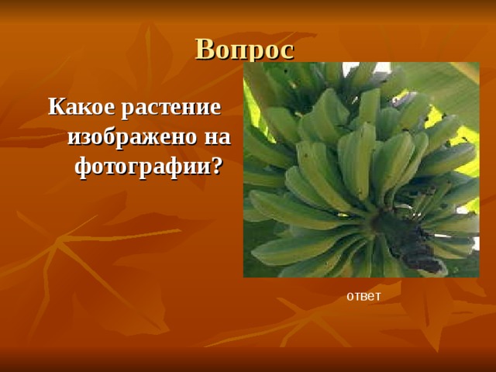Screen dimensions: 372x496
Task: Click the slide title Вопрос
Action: tap(245, 49)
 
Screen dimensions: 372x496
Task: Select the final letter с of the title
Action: tap(287, 51)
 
